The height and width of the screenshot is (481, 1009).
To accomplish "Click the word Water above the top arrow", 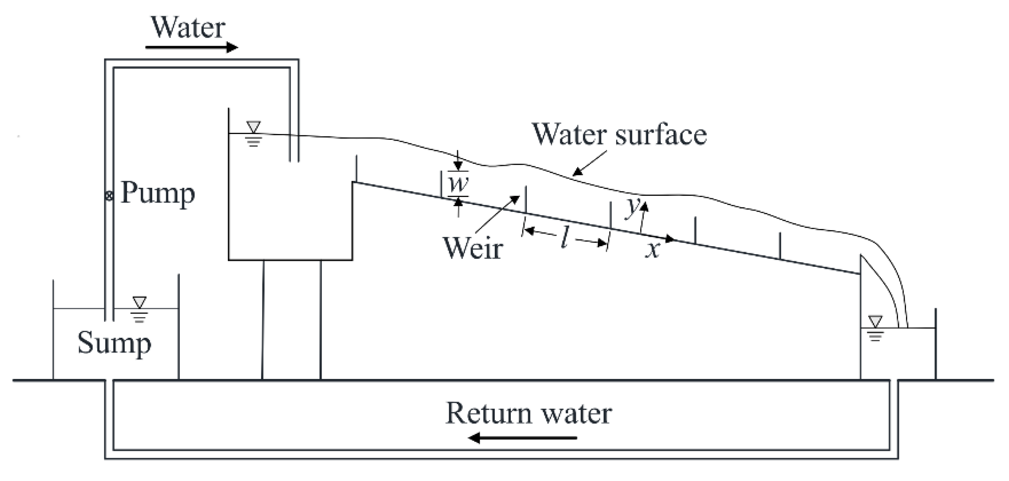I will [x=188, y=28].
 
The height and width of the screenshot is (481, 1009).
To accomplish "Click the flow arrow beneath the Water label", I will [x=191, y=47].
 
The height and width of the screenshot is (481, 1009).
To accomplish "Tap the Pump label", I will [x=158, y=193].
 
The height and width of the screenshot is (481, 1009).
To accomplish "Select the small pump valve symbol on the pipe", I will [x=109, y=195].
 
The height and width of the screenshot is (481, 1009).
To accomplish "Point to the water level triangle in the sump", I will [x=139, y=302].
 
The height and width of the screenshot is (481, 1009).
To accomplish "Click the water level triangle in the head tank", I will [x=253, y=126].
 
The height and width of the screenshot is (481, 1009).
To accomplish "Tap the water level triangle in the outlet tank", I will [x=875, y=321].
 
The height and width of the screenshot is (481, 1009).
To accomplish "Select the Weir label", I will [x=473, y=248].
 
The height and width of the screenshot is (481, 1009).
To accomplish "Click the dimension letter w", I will [x=458, y=183].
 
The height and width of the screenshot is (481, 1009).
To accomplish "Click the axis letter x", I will [x=652, y=250].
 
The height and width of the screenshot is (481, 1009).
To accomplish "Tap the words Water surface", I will [x=619, y=134].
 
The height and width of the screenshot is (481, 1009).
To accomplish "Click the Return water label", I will [x=528, y=413].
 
